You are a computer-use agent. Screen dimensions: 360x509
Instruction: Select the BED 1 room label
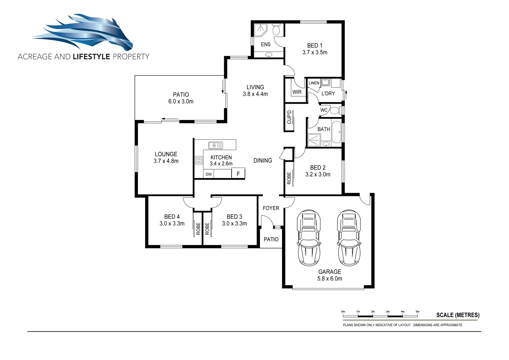pyautogui.click(x=315, y=46)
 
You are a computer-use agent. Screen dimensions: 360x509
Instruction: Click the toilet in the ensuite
pyautogui.click(x=276, y=30)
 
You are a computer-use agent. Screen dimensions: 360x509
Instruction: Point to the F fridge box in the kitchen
pyautogui.click(x=238, y=174)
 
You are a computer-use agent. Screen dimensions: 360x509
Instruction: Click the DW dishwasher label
pyautogui.click(x=208, y=174)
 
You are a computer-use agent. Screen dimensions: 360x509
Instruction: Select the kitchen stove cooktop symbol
pyautogui.click(x=199, y=160)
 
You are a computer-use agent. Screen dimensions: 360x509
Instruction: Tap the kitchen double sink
pyautogui.click(x=216, y=145)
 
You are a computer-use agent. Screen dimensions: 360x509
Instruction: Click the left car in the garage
pyautogui.click(x=309, y=238)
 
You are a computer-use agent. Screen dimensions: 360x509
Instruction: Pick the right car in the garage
pyautogui.click(x=349, y=238)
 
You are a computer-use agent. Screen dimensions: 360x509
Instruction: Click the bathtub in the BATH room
pyautogui.click(x=336, y=132)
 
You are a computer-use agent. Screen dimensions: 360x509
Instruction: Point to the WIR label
pyautogui.click(x=297, y=92)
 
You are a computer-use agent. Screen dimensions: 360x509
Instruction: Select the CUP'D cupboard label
pyautogui.click(x=289, y=117)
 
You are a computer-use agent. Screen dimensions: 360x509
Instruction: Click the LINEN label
pyautogui.click(x=314, y=83)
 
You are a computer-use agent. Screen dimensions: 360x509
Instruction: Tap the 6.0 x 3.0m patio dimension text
pyautogui.click(x=181, y=102)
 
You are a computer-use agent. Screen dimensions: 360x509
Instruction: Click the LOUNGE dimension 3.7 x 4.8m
pyautogui.click(x=166, y=161)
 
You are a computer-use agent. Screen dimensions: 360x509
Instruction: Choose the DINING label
pyautogui.click(x=263, y=161)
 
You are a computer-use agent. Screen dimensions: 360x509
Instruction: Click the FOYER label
pyautogui.click(x=271, y=208)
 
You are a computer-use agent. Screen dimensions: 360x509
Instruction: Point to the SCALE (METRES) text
pyautogui.click(x=458, y=315)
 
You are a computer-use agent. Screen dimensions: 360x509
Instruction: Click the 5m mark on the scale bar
pyautogui.click(x=417, y=312)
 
